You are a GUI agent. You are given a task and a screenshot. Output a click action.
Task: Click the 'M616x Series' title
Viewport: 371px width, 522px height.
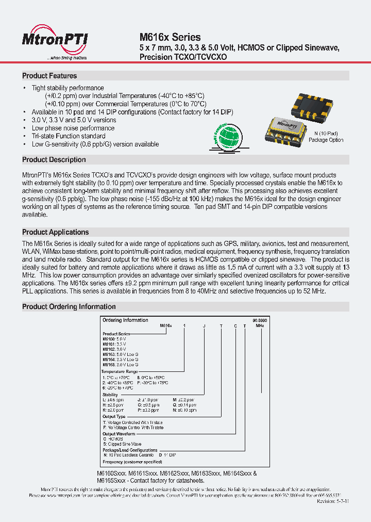[170, 37]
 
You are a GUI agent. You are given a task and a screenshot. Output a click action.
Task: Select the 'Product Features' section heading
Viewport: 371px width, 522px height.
[49, 76]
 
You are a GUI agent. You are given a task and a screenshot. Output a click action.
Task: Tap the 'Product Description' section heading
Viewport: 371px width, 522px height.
[54, 160]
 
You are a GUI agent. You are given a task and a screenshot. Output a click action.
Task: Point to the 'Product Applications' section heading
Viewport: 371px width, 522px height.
[56, 232]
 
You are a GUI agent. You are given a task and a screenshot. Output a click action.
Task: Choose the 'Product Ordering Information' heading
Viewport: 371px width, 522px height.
[69, 307]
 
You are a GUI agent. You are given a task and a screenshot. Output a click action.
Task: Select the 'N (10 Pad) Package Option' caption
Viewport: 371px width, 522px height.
[326, 137]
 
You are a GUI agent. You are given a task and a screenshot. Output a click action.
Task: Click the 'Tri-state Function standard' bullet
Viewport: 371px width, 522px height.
[69, 136]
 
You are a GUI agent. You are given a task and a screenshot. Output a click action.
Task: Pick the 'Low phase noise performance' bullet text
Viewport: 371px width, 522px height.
[73, 128]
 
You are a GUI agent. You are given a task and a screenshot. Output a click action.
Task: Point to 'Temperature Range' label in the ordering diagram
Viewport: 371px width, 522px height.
[120, 371]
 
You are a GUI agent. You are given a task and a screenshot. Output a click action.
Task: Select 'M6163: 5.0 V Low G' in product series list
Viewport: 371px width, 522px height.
[121, 355]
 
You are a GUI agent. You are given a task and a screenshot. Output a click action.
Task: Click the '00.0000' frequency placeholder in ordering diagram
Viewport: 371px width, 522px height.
[260, 320]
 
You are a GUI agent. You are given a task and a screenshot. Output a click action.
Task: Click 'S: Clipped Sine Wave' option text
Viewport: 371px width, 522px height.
[122, 444]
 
